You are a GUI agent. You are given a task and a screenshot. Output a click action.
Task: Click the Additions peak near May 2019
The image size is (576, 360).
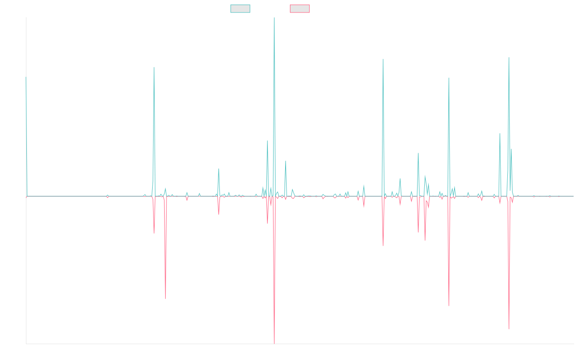point(154,67)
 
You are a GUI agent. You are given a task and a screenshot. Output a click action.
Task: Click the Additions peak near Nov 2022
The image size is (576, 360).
point(383,59)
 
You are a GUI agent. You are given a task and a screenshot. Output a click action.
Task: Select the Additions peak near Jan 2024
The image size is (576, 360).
point(449,78)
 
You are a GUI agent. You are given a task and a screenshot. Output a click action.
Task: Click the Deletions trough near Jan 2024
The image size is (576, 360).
point(449,306)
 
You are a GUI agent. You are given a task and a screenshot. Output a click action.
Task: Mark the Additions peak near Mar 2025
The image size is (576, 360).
point(508,58)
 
